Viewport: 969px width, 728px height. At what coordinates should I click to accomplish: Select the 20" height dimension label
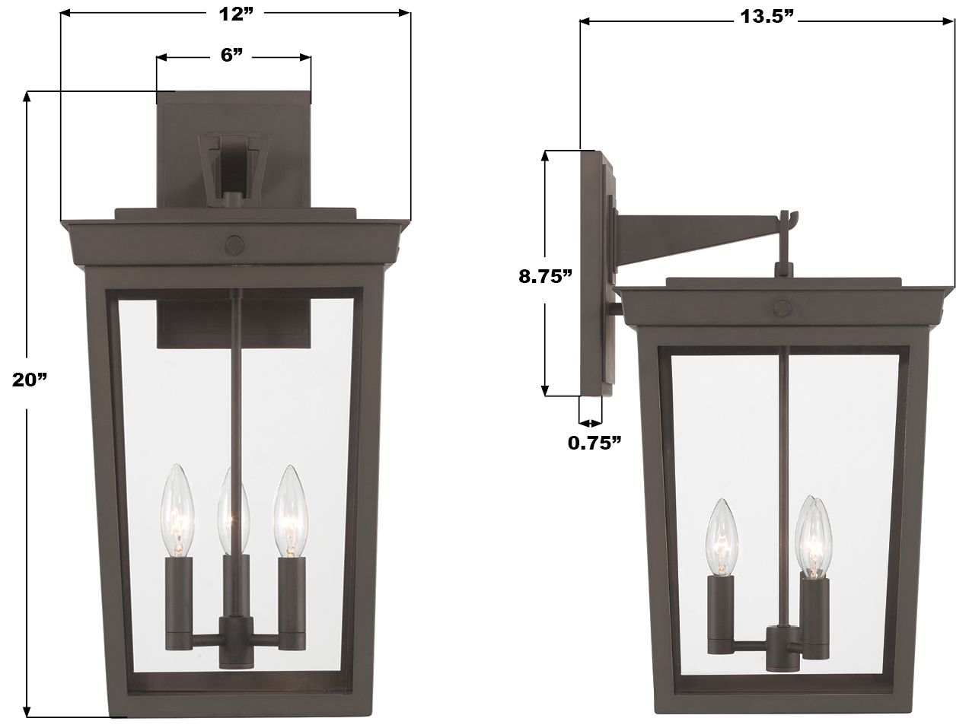pos(30,380)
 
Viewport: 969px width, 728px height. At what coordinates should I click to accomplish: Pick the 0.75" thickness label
pos(594,443)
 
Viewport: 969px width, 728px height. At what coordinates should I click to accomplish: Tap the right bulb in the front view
pos(290,507)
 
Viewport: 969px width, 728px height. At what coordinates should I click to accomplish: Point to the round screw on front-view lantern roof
pos(234,243)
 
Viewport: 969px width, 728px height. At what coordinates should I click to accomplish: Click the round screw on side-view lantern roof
pos(782,308)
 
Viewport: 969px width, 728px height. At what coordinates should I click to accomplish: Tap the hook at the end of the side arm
pos(786,220)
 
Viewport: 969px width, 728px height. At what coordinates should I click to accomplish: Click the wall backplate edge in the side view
pos(591,274)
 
